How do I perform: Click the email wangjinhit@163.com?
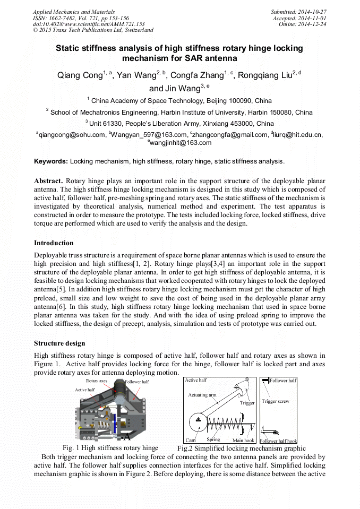tap(181, 143)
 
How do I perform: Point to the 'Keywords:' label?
tap(51, 161)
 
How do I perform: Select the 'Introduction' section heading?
tap(54, 243)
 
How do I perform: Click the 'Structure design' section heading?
tap(59, 343)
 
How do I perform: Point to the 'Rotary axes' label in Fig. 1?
tap(97, 381)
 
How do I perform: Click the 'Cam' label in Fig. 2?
tap(191, 440)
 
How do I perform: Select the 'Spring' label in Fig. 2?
tap(213, 439)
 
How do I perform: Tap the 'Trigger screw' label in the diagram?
tap(276, 401)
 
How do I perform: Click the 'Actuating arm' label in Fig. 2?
tap(202, 395)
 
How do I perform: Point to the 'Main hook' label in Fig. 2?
tap(244, 440)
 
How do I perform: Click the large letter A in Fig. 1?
tap(127, 437)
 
